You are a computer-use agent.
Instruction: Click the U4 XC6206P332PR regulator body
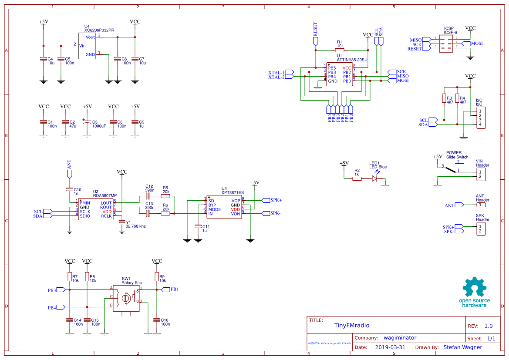(87, 46)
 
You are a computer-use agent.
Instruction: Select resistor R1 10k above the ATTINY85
(340, 50)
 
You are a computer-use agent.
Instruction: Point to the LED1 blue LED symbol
(374, 178)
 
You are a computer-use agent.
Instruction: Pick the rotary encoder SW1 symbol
(126, 298)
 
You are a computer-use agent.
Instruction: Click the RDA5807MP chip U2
(95, 209)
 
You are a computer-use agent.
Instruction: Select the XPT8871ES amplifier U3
(224, 207)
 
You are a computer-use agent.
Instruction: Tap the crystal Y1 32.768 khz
(122, 222)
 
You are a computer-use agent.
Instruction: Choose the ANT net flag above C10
(70, 173)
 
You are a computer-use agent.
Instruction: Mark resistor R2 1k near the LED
(357, 178)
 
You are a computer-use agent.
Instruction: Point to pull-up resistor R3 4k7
(444, 98)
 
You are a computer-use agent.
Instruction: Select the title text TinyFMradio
(351, 325)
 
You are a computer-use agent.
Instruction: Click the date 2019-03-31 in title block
(390, 347)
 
